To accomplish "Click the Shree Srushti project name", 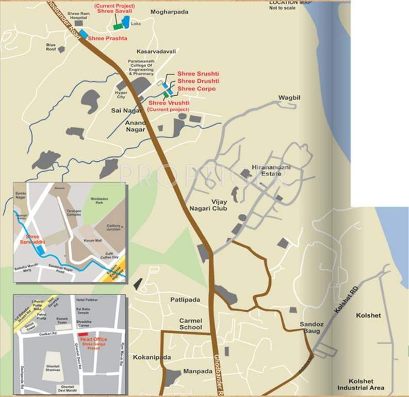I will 198,74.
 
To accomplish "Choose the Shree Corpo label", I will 197,89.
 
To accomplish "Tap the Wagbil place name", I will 289,97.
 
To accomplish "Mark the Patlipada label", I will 185,300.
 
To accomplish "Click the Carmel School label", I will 190,324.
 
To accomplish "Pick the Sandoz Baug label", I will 312,328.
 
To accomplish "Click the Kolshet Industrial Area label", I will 361,384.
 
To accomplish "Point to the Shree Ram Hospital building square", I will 78,23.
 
